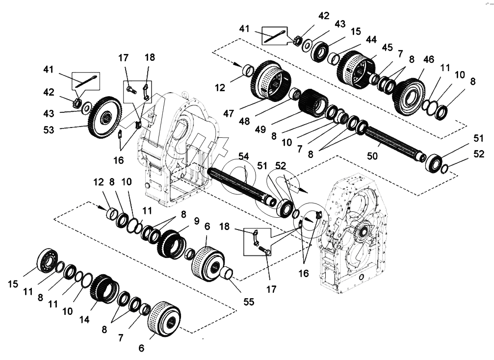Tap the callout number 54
click(x=244, y=156)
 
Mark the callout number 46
click(x=428, y=60)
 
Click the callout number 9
click(x=196, y=221)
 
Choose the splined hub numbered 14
click(x=104, y=287)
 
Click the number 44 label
click(x=371, y=39)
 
